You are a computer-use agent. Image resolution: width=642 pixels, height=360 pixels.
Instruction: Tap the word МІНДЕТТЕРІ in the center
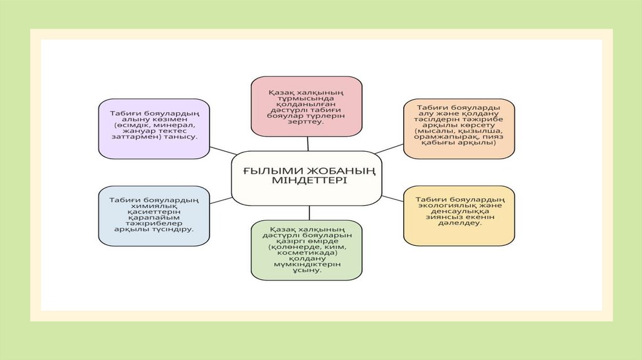[x=307, y=180]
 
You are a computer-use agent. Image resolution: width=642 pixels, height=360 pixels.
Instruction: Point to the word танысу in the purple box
[x=182, y=135]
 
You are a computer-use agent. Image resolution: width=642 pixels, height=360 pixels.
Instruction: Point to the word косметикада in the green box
[x=307, y=253]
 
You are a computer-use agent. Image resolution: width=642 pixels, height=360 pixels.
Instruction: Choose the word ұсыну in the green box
[x=307, y=270]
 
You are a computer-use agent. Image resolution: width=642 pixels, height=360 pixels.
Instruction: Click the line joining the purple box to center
[x=223, y=151]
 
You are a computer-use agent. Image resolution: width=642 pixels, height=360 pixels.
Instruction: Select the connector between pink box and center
[x=307, y=144]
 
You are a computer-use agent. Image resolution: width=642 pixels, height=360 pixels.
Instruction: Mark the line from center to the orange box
[x=389, y=148]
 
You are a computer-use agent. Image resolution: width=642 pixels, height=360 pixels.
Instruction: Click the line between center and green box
[x=308, y=213]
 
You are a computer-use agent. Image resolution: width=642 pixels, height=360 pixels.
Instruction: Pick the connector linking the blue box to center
[x=221, y=200]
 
